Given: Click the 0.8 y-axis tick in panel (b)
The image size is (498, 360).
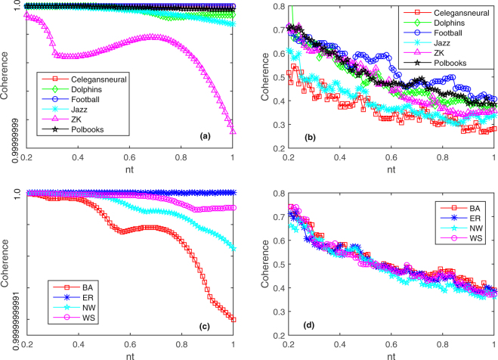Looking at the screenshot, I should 277,7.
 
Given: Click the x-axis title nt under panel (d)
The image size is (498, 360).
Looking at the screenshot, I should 391,353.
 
